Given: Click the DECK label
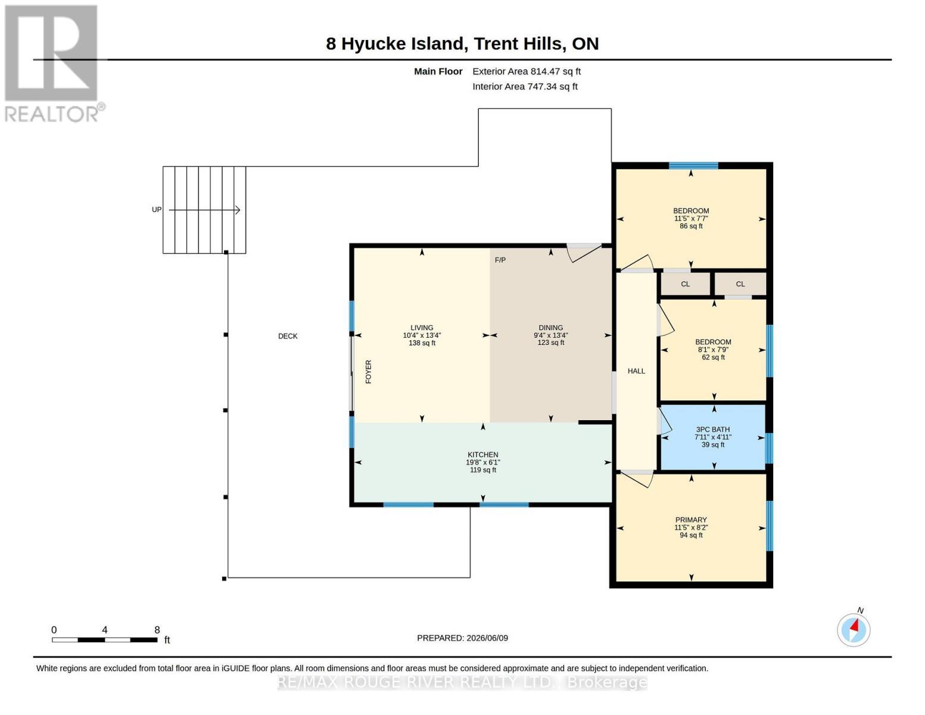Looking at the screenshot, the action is (x=287, y=336).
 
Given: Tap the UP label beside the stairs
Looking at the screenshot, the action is (x=157, y=210).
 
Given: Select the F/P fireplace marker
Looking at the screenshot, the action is (x=500, y=260).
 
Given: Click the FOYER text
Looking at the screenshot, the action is (x=368, y=371).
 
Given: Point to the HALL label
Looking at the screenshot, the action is (x=636, y=371).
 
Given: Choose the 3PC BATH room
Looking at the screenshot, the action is (x=712, y=437).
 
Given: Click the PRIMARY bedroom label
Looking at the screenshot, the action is (x=691, y=520).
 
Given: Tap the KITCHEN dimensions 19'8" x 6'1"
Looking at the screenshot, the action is (x=482, y=462).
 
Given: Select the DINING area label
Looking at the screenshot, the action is (x=551, y=328).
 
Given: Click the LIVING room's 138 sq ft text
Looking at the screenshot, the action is (x=422, y=343).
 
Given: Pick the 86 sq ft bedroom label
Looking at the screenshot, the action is (x=691, y=226).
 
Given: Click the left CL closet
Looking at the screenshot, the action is (x=685, y=284).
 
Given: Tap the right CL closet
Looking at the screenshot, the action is (x=740, y=284).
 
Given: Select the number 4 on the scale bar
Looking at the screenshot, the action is (x=105, y=630).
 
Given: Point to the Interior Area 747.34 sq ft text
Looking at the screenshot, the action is (x=525, y=86).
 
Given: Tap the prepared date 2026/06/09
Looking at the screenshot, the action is (x=487, y=638).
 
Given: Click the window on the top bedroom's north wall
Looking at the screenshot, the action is (x=693, y=166).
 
